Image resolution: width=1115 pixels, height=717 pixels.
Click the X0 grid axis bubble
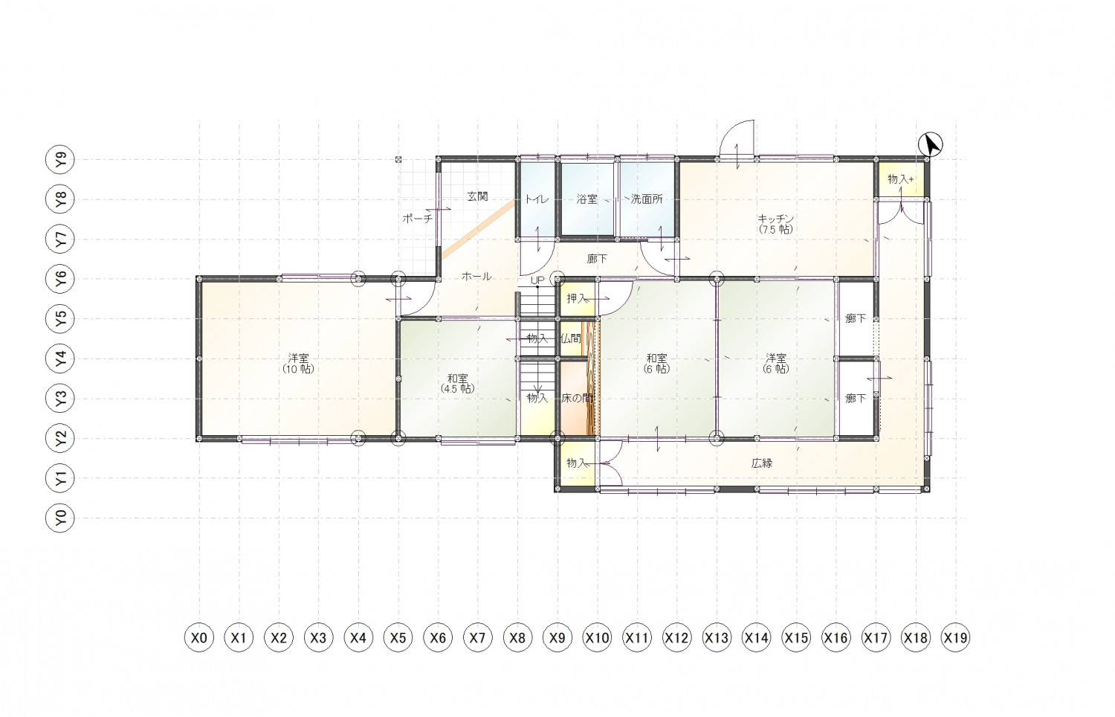tap(199, 637)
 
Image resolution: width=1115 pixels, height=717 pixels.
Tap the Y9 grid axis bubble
tap(59, 159)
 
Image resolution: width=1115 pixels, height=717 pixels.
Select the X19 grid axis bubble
tap(955, 637)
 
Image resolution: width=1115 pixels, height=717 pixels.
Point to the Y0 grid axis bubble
tap(59, 518)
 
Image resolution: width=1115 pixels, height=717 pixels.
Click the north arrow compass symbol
tap(931, 144)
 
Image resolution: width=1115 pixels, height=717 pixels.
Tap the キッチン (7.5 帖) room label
tap(775, 224)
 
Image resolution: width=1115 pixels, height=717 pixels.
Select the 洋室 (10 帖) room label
tap(298, 364)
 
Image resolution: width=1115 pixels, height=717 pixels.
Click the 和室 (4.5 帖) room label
tap(457, 383)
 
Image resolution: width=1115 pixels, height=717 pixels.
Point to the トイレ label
tap(537, 199)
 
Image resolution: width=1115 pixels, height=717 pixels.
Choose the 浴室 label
tap(587, 199)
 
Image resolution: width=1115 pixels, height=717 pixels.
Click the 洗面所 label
tap(647, 199)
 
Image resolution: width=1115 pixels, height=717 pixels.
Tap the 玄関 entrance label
tap(477, 196)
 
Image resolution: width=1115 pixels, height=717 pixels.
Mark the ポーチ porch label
tap(417, 218)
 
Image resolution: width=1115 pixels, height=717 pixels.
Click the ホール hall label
tap(476, 277)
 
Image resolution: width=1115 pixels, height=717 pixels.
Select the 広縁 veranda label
tap(762, 463)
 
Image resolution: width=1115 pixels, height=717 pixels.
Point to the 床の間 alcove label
tap(577, 399)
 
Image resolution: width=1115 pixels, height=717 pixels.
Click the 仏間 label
tap(571, 338)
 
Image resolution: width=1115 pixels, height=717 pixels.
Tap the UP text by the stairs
tap(537, 280)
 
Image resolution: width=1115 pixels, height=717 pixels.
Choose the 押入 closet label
tap(577, 298)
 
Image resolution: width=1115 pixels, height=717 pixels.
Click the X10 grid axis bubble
tap(597, 637)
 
